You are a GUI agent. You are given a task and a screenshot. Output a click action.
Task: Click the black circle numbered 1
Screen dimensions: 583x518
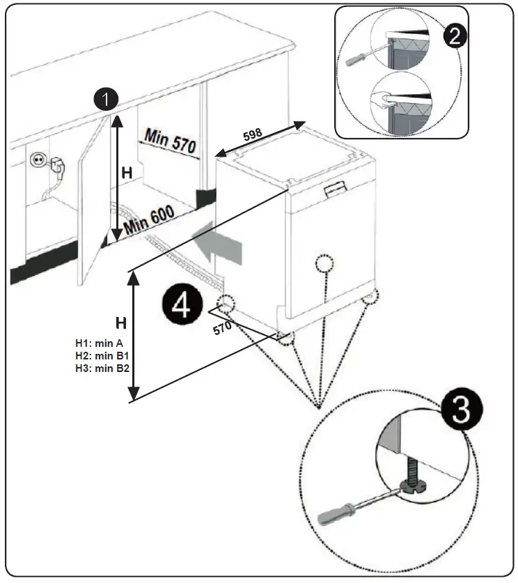point(105,100)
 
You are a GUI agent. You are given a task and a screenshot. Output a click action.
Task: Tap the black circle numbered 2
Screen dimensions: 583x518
point(455,36)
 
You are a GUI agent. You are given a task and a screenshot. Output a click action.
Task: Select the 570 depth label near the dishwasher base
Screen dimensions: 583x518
point(222,327)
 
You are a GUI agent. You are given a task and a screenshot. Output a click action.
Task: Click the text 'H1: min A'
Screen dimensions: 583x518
point(99,343)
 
